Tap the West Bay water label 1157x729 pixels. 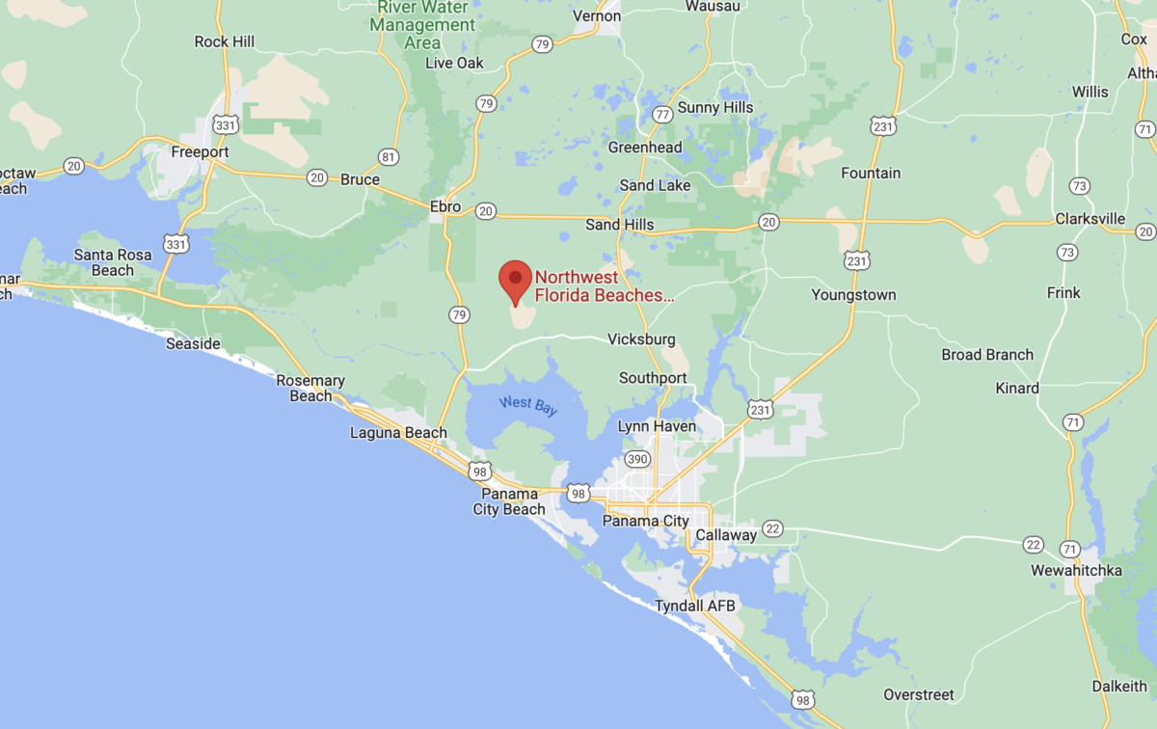click(x=527, y=407)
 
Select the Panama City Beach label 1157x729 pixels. click(x=509, y=501)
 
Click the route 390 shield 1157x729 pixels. click(x=636, y=458)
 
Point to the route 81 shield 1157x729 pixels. click(x=389, y=157)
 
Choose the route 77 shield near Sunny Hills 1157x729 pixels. click(x=661, y=115)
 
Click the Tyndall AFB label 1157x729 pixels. click(x=695, y=606)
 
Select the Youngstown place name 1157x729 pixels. click(x=853, y=295)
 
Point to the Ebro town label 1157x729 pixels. click(x=444, y=206)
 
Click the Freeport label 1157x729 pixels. click(x=200, y=151)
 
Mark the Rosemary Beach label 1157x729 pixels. click(x=310, y=388)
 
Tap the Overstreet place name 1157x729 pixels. click(x=919, y=694)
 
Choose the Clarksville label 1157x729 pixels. click(x=1090, y=219)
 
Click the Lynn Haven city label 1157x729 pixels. click(x=656, y=425)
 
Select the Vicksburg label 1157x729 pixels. click(x=641, y=339)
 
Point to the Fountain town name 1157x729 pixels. click(x=871, y=174)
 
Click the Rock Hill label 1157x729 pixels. click(x=225, y=41)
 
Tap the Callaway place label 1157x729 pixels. click(x=726, y=534)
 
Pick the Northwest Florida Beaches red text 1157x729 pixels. click(x=605, y=286)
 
